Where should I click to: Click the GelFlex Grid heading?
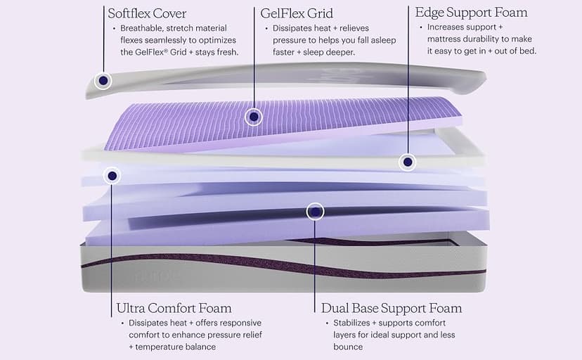(x=296, y=13)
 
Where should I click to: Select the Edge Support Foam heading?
(x=471, y=13)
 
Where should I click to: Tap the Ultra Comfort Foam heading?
(x=174, y=308)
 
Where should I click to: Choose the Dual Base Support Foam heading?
(x=392, y=308)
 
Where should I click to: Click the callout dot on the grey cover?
(x=103, y=81)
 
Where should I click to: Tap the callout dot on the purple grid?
(x=253, y=117)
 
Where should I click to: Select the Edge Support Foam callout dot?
(x=406, y=162)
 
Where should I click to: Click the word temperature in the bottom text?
(x=166, y=347)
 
